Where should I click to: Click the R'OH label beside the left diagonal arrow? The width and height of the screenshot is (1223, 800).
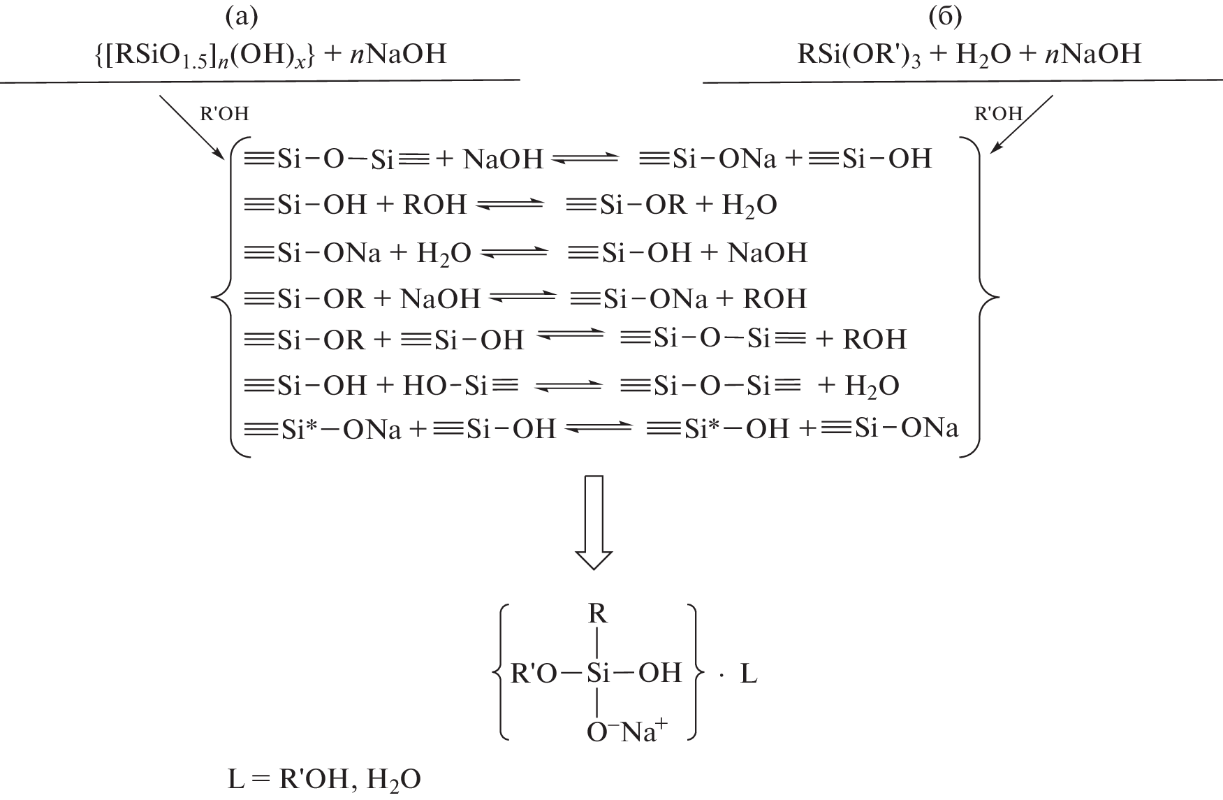pyautogui.click(x=224, y=113)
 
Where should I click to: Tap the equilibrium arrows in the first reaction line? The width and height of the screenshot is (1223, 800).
pyautogui.click(x=585, y=160)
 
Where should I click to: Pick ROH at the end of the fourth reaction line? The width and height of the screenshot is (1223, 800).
pyautogui.click(x=775, y=299)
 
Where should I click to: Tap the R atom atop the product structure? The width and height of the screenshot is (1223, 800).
pyautogui.click(x=598, y=613)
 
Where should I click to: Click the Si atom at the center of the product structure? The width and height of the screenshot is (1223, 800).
pyautogui.click(x=598, y=673)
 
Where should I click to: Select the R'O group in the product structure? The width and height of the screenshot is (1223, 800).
pyautogui.click(x=534, y=673)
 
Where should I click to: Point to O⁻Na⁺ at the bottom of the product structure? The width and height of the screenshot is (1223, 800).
pyautogui.click(x=627, y=732)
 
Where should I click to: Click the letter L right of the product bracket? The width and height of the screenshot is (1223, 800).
pyautogui.click(x=748, y=674)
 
